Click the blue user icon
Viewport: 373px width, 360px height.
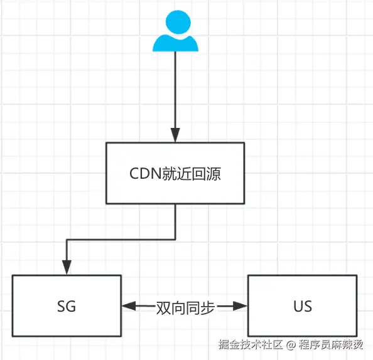tap(175, 34)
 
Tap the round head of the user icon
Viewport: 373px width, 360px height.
tap(175, 26)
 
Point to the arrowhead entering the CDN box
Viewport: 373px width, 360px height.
tap(175, 135)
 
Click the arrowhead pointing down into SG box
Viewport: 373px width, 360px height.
tap(66, 268)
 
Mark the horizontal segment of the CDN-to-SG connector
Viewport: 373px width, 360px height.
tap(119, 239)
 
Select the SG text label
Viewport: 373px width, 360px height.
tap(66, 307)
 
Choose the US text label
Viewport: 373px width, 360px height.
tap(302, 307)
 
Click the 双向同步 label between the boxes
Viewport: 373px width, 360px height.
tap(185, 307)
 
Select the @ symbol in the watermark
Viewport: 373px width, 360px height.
tap(291, 344)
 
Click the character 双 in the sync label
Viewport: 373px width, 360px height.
tap(163, 307)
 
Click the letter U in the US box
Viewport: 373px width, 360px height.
tap(298, 307)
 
